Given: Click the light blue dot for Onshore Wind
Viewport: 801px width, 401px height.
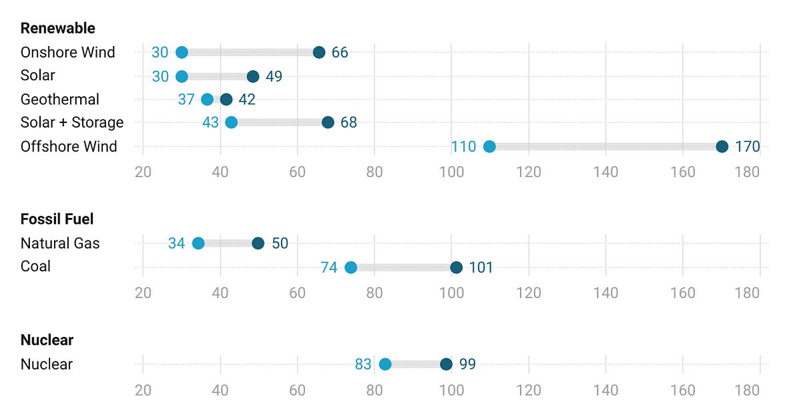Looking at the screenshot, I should click(x=182, y=53).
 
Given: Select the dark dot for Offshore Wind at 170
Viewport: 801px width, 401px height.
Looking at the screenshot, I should click(x=722, y=147).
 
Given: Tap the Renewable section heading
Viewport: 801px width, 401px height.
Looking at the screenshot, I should click(x=58, y=28).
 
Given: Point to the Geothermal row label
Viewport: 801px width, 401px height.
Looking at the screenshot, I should click(x=60, y=100).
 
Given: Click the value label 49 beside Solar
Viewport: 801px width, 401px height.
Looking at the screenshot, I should click(x=274, y=77).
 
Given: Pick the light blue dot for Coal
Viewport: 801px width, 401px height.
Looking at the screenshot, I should click(x=350, y=267).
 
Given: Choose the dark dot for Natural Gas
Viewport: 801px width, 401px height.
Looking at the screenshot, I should click(x=258, y=243).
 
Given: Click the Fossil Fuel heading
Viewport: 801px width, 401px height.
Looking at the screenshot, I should click(x=57, y=219).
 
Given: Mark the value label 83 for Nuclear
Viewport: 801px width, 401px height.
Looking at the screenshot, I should click(x=363, y=364).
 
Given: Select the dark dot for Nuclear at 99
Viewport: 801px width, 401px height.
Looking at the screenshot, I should click(x=446, y=364).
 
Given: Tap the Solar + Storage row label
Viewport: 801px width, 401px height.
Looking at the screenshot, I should click(x=72, y=122).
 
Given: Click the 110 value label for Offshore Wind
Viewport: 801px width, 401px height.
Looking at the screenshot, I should click(x=463, y=147).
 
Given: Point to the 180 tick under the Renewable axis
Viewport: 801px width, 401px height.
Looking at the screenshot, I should click(x=747, y=172).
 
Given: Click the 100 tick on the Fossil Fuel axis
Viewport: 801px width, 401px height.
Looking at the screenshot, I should click(x=452, y=293).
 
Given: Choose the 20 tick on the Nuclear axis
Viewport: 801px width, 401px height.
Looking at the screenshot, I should click(x=143, y=390).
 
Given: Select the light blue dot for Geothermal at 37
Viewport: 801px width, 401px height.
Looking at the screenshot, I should click(x=207, y=100).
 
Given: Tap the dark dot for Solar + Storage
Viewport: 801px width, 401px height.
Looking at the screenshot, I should click(x=328, y=122).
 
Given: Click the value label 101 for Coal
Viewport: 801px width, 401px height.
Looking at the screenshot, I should click(x=481, y=268).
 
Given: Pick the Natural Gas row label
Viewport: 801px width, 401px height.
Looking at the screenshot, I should click(x=60, y=243).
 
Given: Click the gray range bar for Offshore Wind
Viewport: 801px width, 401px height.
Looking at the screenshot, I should click(x=605, y=147).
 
